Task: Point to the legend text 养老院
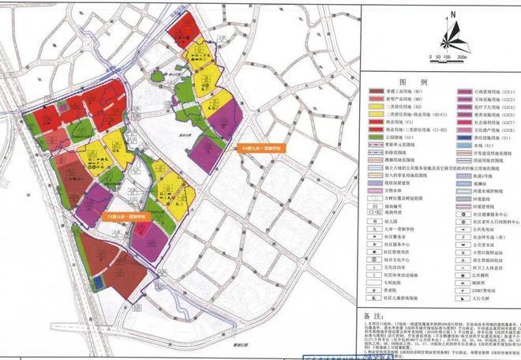pyautogui.click(x=396, y=292)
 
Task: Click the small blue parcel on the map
pyautogui.click(x=96, y=283)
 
